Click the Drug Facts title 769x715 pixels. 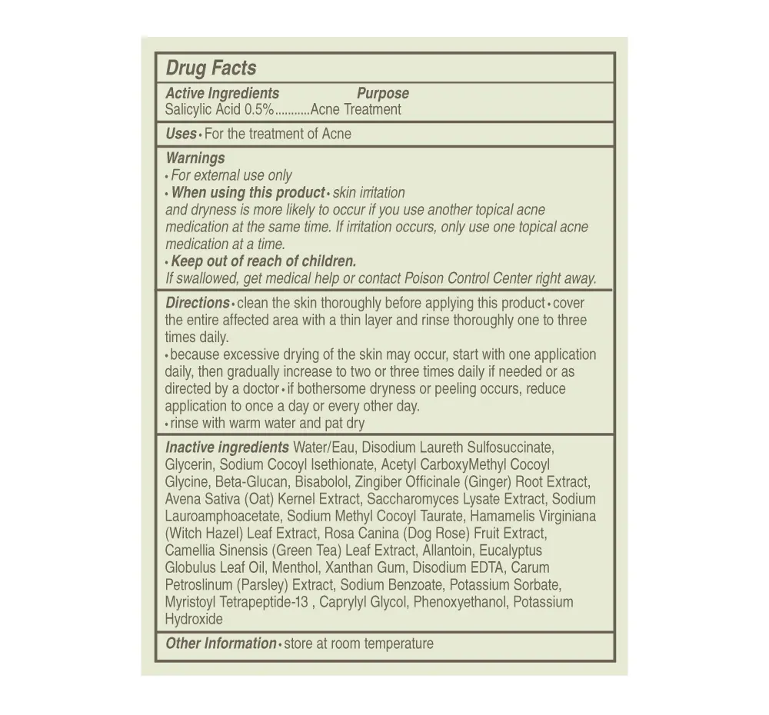point(211,68)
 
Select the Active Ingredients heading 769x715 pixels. point(222,93)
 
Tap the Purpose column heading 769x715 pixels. point(382,93)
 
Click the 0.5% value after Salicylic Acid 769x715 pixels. point(259,109)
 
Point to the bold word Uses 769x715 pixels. point(181,134)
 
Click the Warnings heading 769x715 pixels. point(195,158)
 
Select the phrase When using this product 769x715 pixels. point(248,192)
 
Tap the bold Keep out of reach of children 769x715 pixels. point(263,261)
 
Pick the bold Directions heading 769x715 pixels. point(197,303)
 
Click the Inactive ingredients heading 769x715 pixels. point(227,447)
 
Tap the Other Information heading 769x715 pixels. point(221,643)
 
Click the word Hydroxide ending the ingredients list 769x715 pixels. point(194,619)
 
